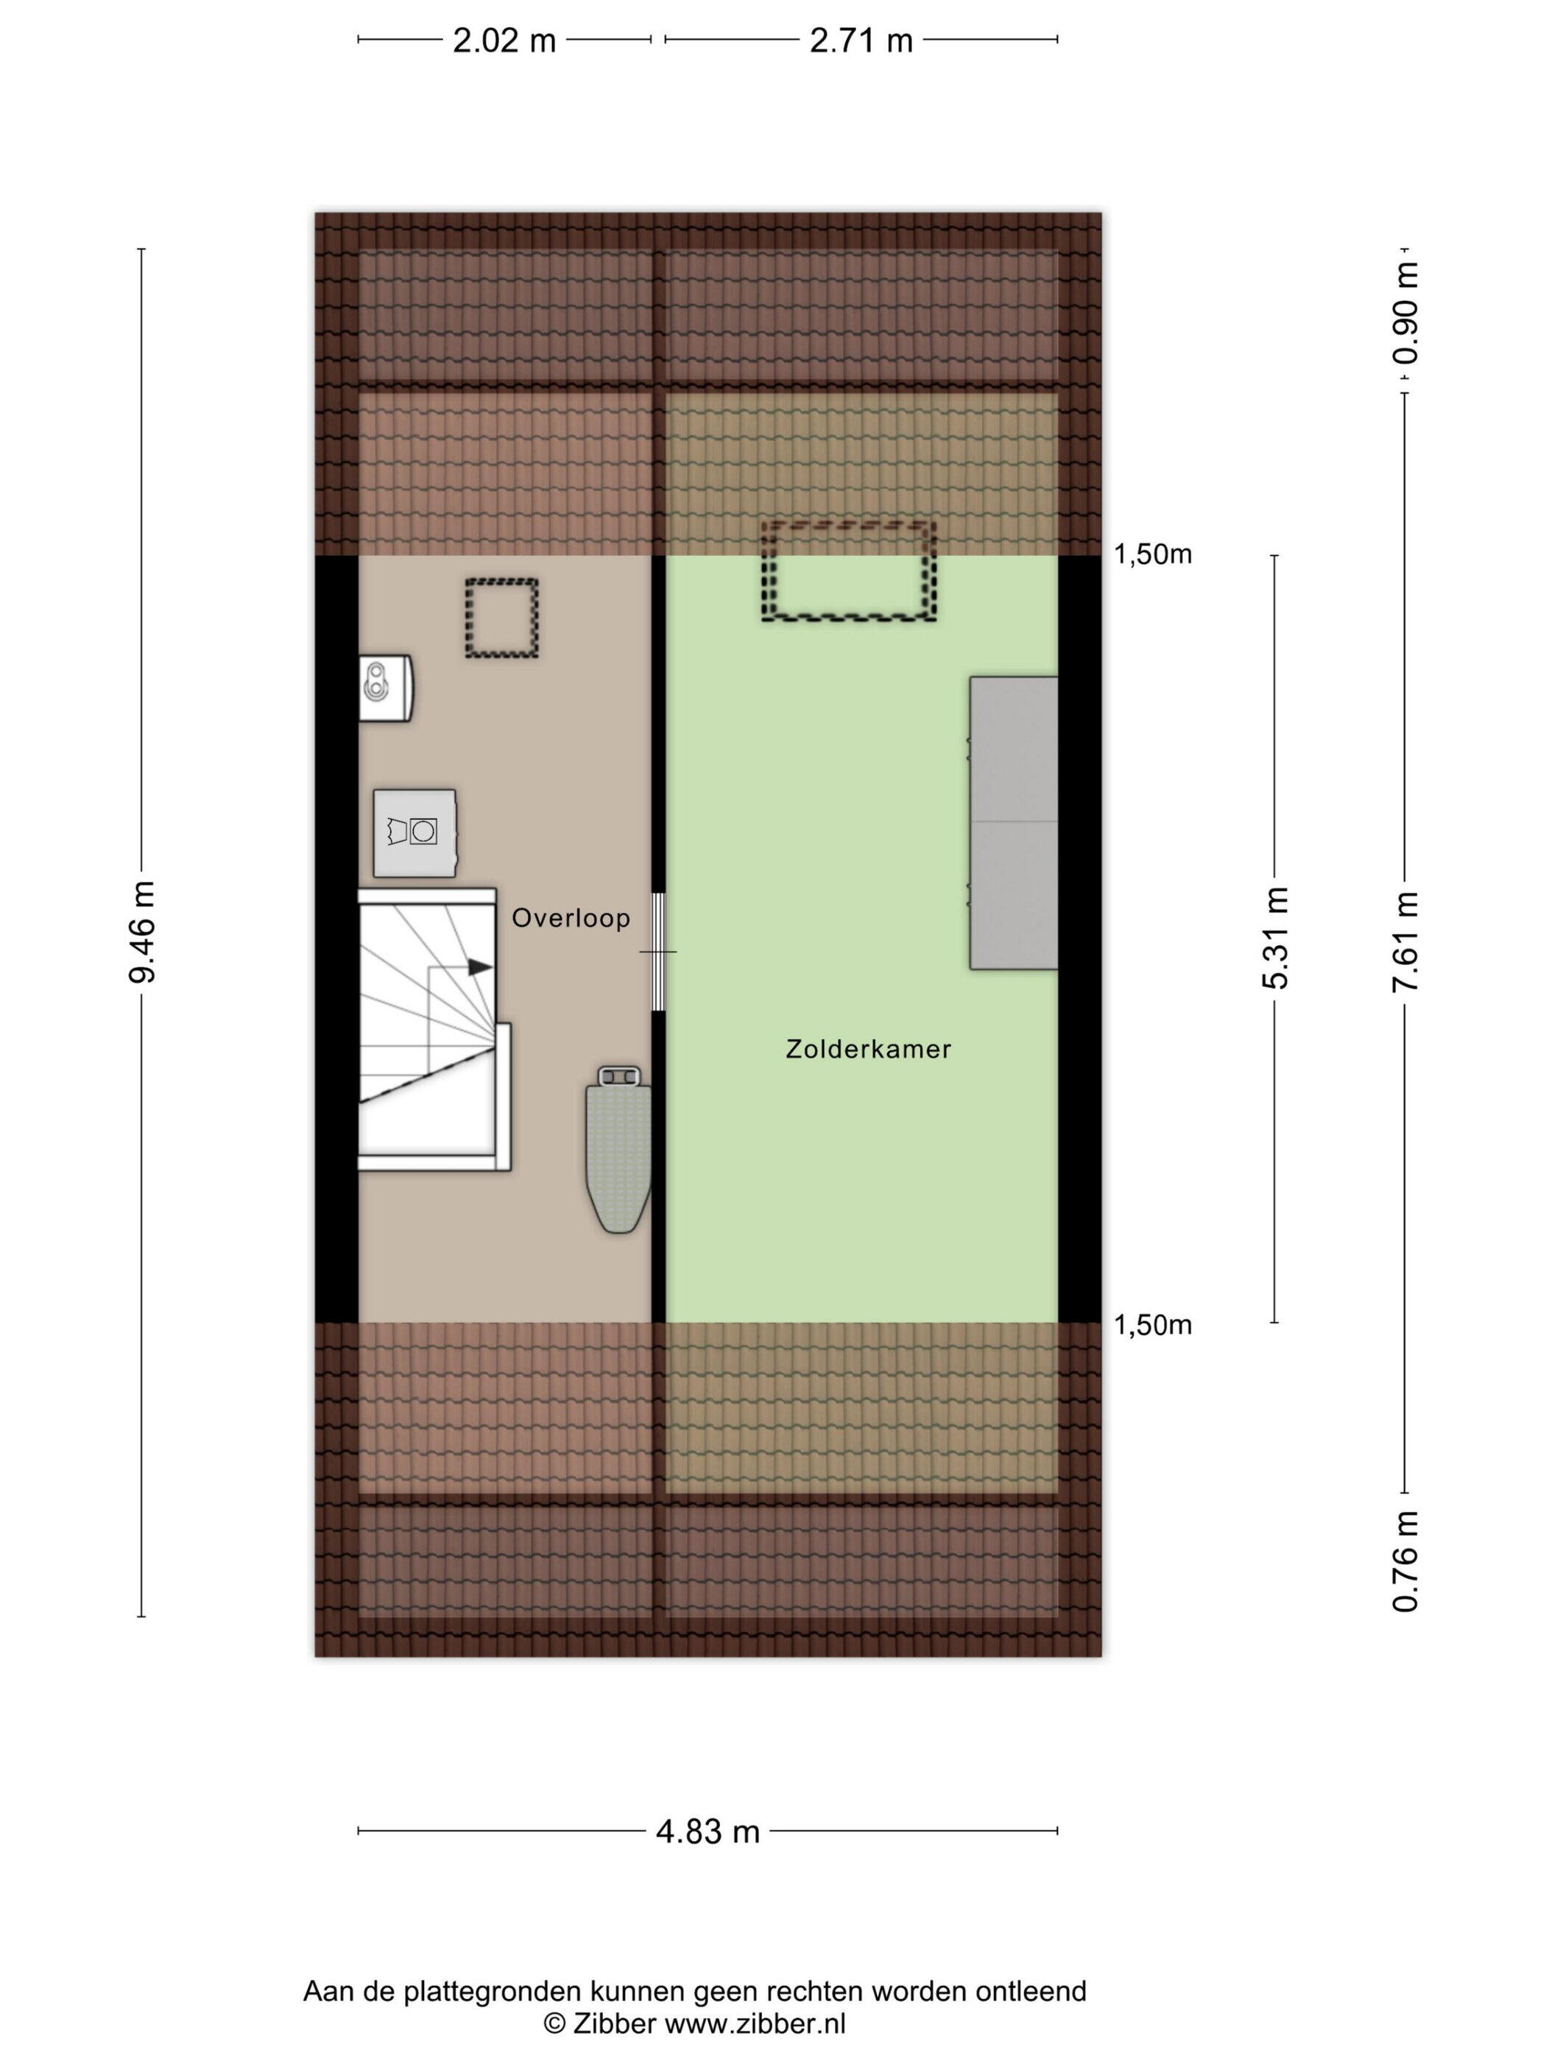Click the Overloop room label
(x=571, y=919)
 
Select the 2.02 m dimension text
(x=504, y=41)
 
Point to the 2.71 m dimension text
(x=861, y=41)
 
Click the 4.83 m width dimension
(x=708, y=1832)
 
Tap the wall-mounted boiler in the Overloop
(x=386, y=687)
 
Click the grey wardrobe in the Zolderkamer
(x=1014, y=823)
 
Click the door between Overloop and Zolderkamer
(x=659, y=951)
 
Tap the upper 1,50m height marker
(x=1153, y=554)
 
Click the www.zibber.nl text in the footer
(x=753, y=2023)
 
